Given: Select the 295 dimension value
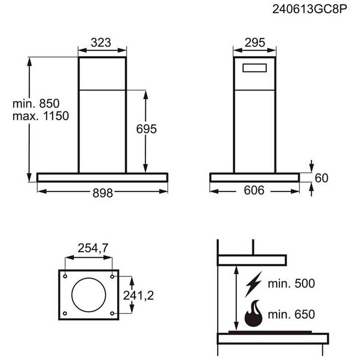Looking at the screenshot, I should [255, 43].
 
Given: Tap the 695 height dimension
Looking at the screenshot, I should [146, 129].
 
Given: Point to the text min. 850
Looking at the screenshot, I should [36, 103].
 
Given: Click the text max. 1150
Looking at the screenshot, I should [40, 116].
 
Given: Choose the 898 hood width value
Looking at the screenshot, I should [103, 193].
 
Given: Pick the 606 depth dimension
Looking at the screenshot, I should [254, 191].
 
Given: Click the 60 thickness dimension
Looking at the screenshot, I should [321, 178].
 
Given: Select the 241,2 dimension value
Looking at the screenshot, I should [139, 295].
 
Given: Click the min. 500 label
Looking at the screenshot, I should [291, 284].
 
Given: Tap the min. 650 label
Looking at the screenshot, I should [291, 314].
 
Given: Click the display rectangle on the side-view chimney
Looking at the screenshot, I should [255, 68].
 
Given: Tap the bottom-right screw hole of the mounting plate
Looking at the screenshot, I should [112, 313].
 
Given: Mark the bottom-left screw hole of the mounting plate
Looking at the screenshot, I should [66, 313].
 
